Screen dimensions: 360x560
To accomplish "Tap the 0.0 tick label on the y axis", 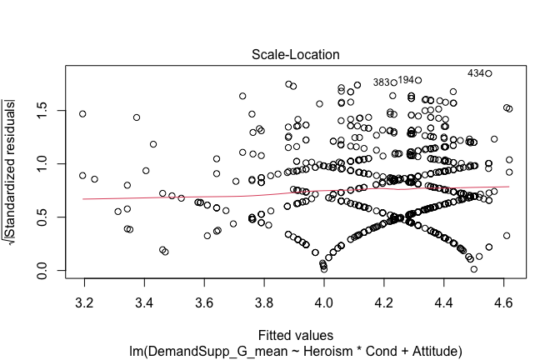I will click(47, 271).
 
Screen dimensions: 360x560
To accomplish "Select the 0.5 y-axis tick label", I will click(47, 217).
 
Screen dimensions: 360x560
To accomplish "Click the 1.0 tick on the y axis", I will click(47, 164).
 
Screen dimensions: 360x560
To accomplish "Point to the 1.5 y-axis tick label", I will click(47, 111).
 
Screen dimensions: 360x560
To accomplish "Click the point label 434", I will click(476, 73).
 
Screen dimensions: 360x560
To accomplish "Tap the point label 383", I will click(382, 82).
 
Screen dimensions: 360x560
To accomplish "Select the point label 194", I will click(406, 80).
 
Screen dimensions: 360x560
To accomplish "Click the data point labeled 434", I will click(488, 73).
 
